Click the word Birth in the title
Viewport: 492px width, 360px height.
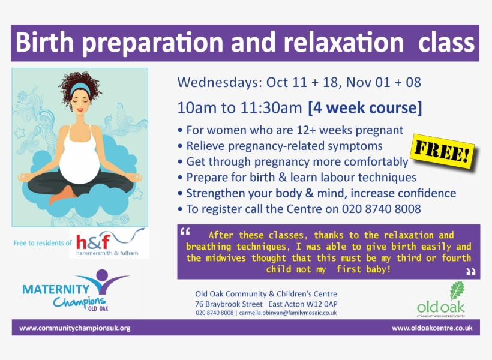[45, 43]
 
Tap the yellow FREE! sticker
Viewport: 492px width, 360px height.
[443, 155]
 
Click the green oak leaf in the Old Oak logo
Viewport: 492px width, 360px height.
[457, 291]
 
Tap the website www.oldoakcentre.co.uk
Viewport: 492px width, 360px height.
[432, 328]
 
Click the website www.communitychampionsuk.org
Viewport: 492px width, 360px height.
[75, 328]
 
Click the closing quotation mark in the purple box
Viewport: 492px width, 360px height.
[470, 272]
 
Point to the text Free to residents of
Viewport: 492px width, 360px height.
[42, 243]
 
